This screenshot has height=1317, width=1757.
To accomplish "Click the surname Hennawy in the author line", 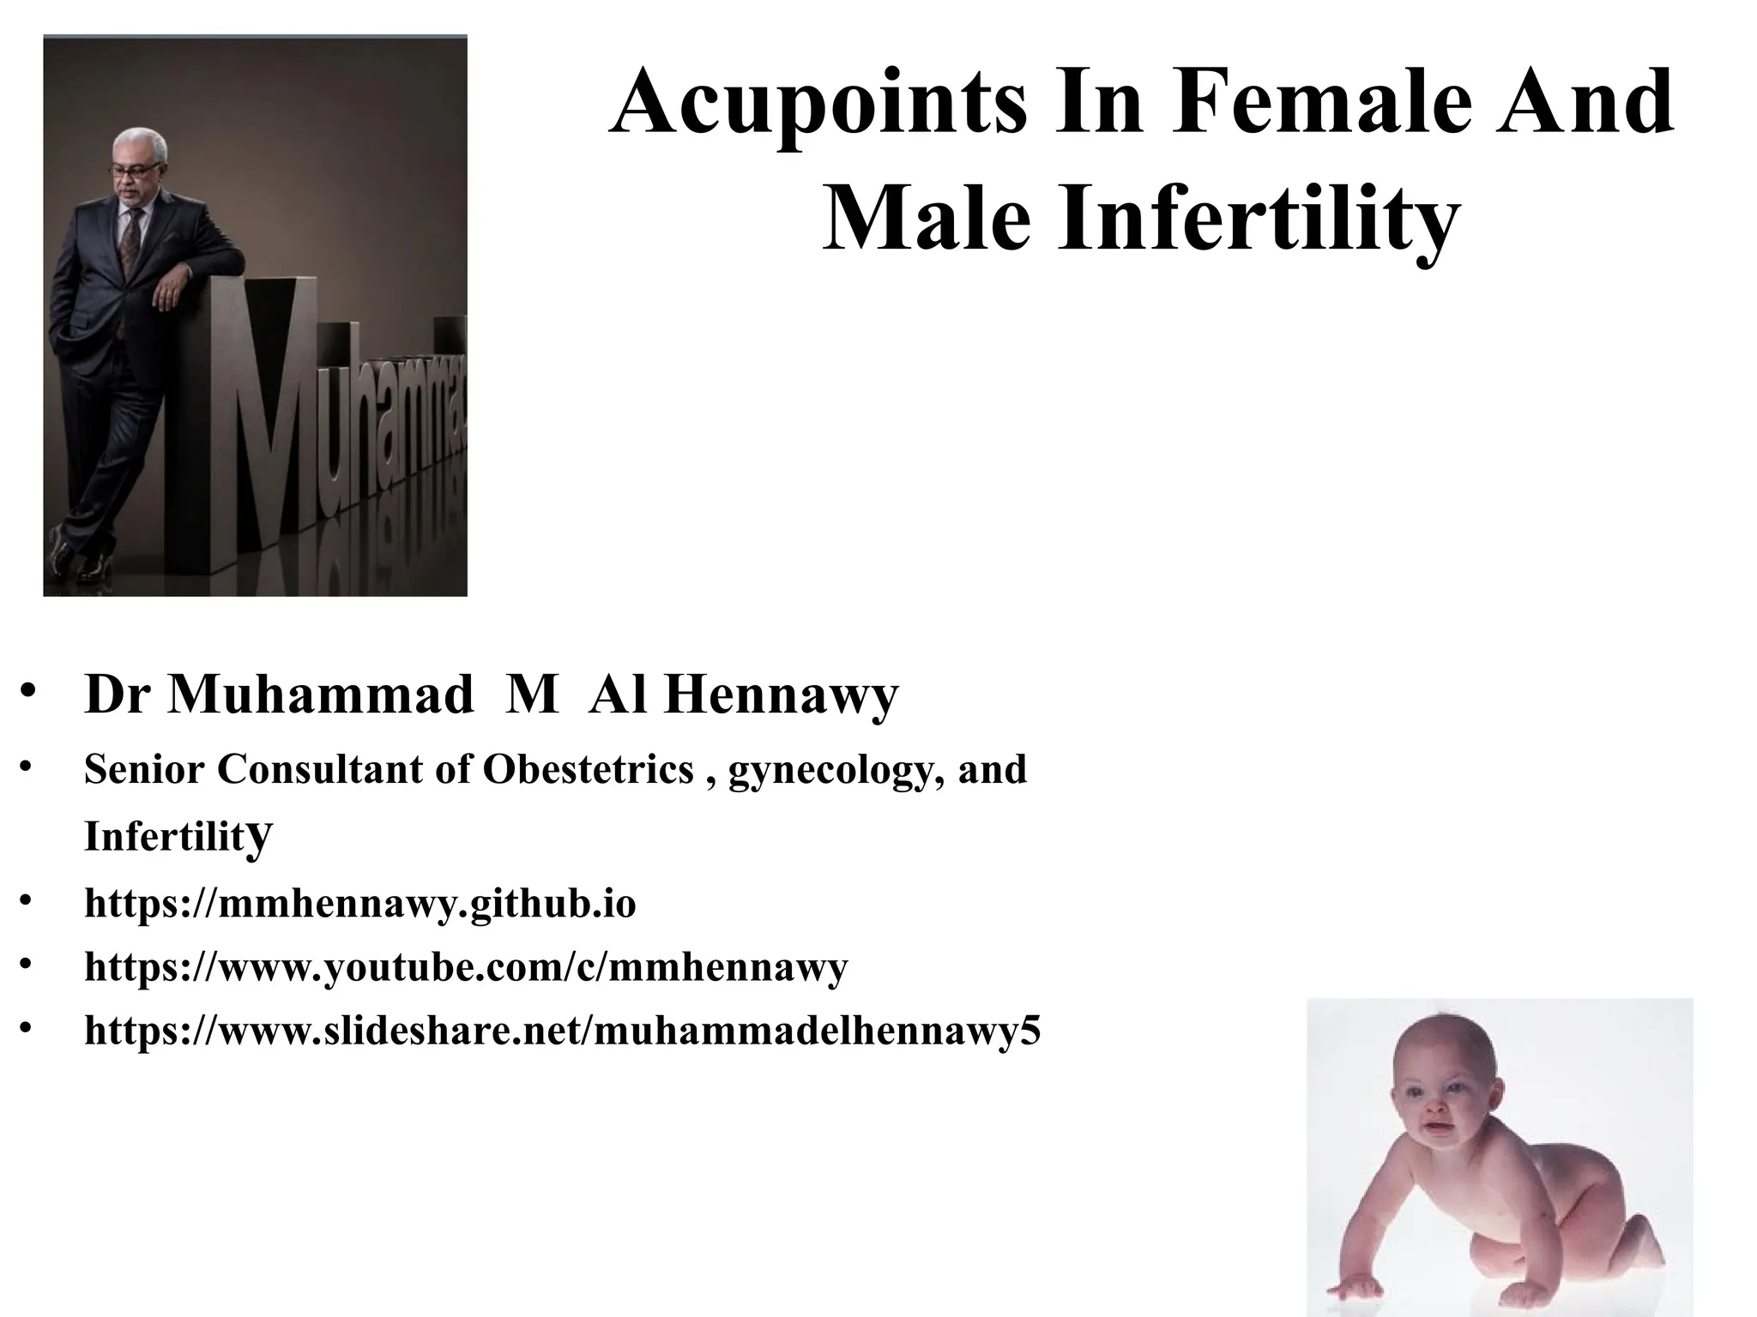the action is tap(781, 695).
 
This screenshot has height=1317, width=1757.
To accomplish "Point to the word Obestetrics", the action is tap(589, 769).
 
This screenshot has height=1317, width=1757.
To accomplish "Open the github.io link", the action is tap(360, 904).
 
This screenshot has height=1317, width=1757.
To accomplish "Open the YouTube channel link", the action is tap(466, 967).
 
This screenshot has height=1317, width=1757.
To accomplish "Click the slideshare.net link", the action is tap(563, 1031).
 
